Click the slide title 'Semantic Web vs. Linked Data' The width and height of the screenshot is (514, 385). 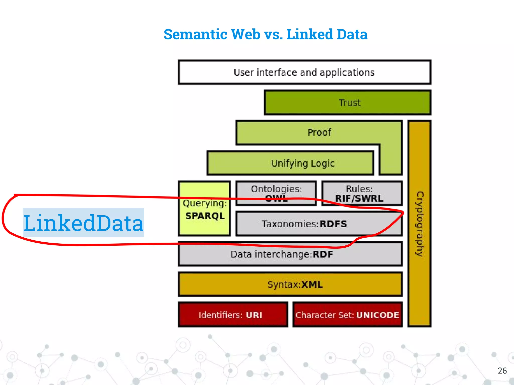click(265, 34)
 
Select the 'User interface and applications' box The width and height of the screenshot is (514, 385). click(304, 72)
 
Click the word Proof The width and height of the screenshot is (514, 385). click(319, 132)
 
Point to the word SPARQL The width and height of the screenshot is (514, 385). click(205, 216)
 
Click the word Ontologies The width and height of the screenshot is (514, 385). click(276, 189)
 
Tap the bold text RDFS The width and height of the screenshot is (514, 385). click(333, 224)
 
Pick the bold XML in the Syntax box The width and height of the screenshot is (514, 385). click(312, 285)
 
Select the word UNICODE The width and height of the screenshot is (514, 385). click(377, 315)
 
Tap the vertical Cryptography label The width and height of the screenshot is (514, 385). click(419, 224)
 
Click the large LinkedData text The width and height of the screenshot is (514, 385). click(83, 223)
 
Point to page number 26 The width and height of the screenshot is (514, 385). click(502, 370)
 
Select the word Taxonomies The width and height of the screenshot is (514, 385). click(290, 224)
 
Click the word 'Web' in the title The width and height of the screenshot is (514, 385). click(245, 34)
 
